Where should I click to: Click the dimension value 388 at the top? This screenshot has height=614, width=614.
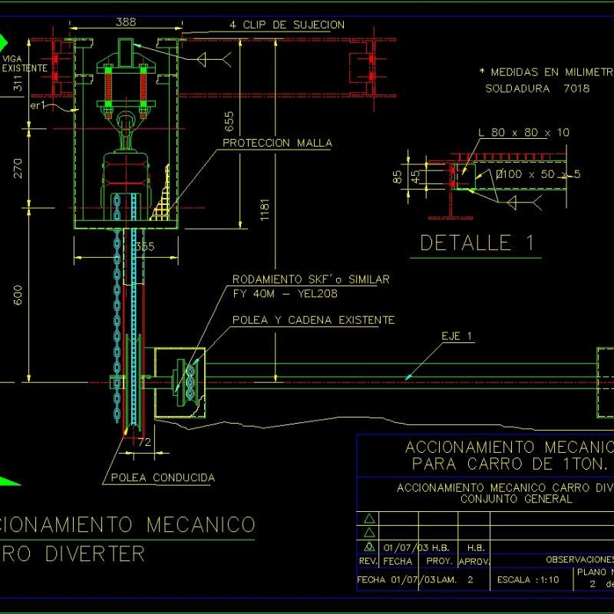pos(126,22)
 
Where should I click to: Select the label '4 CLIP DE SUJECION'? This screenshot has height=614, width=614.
pos(286,25)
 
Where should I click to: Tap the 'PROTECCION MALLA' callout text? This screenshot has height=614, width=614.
pos(277,143)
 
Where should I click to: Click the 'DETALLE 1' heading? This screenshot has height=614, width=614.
pos(476,243)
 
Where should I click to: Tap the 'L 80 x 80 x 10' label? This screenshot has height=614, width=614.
pos(523,133)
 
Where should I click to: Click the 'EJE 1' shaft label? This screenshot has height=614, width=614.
pos(458,335)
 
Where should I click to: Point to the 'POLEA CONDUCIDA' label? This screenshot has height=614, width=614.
pos(162,477)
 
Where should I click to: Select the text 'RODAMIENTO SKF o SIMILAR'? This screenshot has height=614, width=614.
pos(310,279)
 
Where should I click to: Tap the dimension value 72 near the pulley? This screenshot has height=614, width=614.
pos(144,442)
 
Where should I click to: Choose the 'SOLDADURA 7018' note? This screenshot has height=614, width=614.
pos(537,88)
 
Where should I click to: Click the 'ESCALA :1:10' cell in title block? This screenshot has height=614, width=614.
pos(528,579)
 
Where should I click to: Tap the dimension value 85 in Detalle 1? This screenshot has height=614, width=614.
pos(398,177)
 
